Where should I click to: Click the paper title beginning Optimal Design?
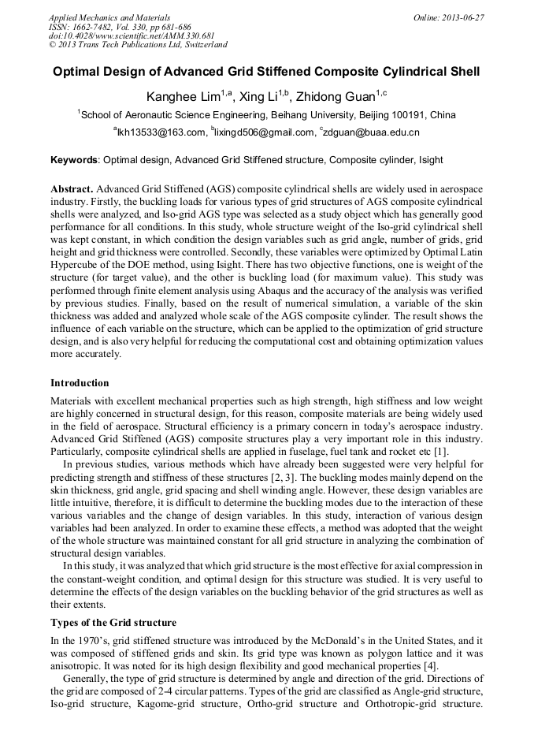266,72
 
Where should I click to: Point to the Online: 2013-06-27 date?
448,17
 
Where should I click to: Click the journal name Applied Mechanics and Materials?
109,17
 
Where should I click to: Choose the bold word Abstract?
72,190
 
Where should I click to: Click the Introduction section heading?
80,383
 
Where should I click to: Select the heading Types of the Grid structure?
113,622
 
